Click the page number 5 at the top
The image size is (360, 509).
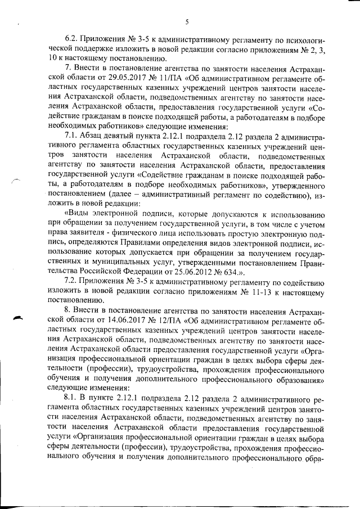(x=186, y=22)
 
